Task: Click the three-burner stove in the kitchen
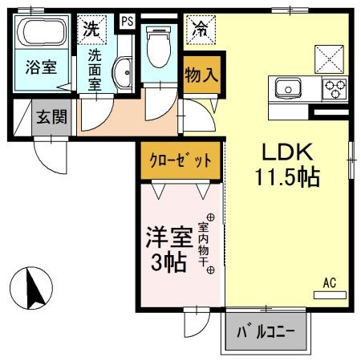point(334,87)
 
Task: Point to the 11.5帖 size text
point(287,176)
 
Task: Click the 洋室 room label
point(167,237)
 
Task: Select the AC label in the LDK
point(329,282)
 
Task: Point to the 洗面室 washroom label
point(95,71)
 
